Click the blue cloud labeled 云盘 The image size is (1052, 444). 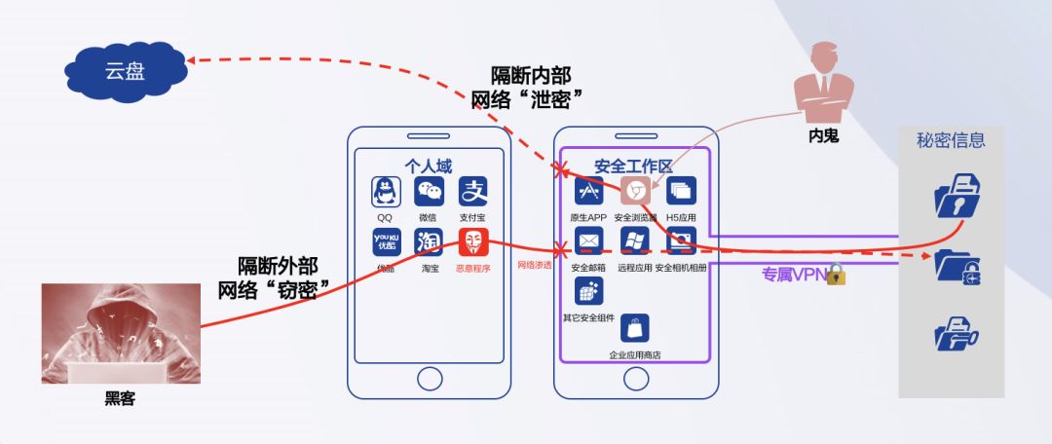124,70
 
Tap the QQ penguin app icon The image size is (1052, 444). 386,191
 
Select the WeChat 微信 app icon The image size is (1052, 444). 429,191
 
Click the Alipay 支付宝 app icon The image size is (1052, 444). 473,191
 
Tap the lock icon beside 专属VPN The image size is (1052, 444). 836,274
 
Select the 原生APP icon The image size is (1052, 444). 588,191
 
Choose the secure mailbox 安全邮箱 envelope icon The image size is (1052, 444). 588,241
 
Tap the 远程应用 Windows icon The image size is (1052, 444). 634,241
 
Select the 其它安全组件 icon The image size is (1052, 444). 588,291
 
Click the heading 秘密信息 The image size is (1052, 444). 951,140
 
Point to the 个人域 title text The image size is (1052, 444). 429,166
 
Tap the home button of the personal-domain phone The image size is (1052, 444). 429,378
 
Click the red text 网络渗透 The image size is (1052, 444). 534,264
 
